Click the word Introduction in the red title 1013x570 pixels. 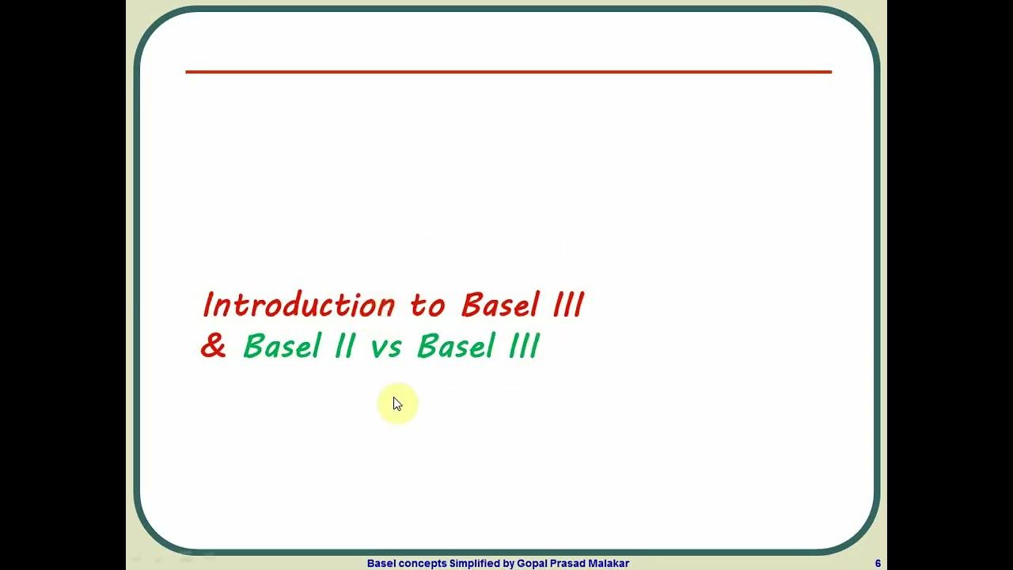(x=298, y=306)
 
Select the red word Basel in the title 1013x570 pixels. (x=500, y=306)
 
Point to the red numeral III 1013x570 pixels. (x=568, y=306)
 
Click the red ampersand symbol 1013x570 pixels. (x=213, y=347)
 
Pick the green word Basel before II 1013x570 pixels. (x=282, y=347)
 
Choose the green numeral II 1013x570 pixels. (x=344, y=347)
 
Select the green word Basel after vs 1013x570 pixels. (x=456, y=347)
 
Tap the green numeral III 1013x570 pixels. (x=523, y=347)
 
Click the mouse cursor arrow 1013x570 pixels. (x=397, y=405)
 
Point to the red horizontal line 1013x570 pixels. (x=508, y=72)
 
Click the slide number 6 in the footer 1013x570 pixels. (x=878, y=564)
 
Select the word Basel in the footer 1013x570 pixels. (x=381, y=564)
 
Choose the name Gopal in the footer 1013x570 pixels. (x=533, y=564)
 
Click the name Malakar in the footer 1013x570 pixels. (x=609, y=564)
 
